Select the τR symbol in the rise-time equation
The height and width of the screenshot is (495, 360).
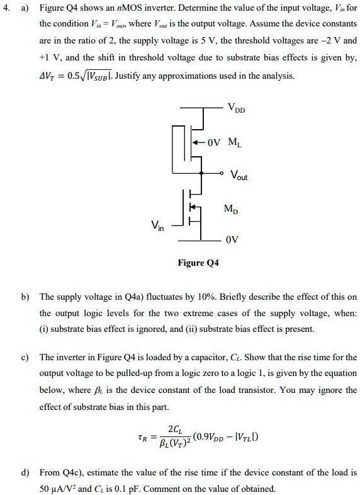click(143, 436)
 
